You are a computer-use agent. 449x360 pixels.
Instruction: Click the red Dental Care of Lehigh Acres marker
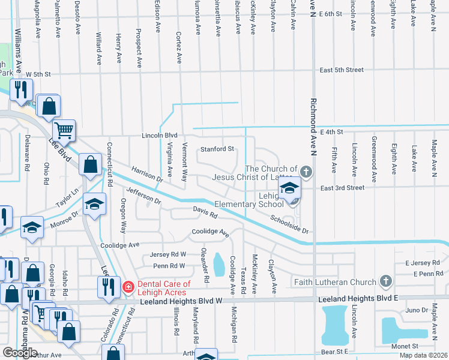(128, 288)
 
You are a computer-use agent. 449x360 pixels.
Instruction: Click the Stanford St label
(217, 149)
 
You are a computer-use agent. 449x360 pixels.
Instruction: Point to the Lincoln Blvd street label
(160, 136)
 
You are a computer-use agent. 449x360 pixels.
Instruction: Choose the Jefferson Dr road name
(143, 194)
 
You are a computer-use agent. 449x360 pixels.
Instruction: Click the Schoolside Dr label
(289, 224)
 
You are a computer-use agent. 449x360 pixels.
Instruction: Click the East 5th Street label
(341, 70)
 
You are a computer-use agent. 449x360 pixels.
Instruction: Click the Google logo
(20, 352)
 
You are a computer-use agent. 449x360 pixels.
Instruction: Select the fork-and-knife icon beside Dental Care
(108, 286)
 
